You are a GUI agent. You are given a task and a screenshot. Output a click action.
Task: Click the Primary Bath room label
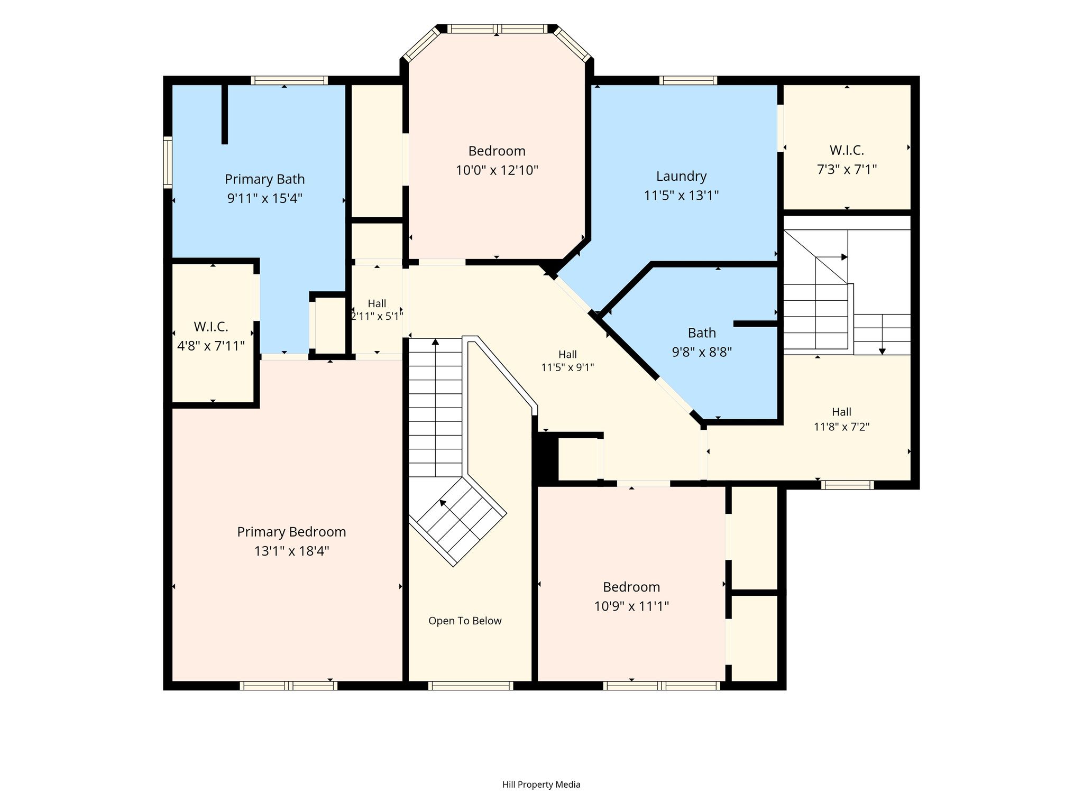[x=264, y=179]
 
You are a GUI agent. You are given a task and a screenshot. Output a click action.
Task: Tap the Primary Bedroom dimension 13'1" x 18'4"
[x=291, y=551]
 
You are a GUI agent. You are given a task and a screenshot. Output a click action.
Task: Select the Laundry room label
[x=681, y=176]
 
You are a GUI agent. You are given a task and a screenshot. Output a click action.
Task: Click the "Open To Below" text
[x=465, y=621]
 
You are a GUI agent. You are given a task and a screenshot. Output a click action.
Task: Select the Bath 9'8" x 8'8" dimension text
[x=702, y=352]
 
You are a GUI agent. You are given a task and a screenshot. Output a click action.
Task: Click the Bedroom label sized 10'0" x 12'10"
[x=497, y=151]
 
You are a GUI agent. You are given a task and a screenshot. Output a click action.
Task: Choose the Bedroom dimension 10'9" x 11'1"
[x=631, y=606]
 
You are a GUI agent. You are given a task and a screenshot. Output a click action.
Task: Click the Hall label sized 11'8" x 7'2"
[x=841, y=412]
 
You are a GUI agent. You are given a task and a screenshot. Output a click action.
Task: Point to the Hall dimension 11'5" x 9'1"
[x=567, y=367]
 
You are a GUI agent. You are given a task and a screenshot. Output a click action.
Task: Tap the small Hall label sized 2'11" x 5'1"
[x=377, y=303]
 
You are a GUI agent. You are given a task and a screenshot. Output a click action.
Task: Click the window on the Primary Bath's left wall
[x=168, y=162]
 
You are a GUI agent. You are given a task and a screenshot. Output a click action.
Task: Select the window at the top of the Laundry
[x=688, y=80]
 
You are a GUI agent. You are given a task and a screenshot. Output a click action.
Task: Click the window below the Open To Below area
[x=471, y=686]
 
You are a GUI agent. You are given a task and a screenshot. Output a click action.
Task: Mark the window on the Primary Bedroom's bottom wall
[x=288, y=686]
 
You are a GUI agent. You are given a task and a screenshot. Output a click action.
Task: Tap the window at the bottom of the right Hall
[x=847, y=485]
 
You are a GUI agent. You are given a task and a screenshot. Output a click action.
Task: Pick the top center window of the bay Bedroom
[x=497, y=29]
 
